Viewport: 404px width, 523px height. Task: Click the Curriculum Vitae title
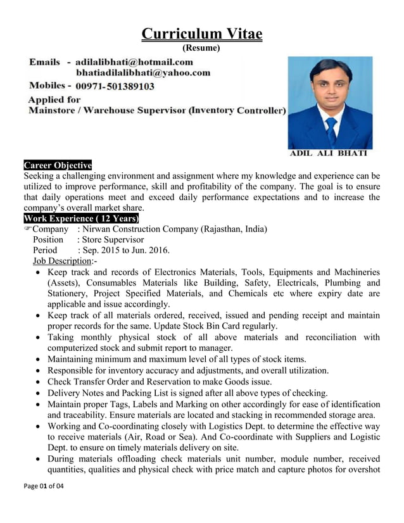pyautogui.click(x=201, y=34)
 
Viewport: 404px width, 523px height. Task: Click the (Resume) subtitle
pyautogui.click(x=201, y=48)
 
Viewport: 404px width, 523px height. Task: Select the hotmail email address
pyautogui.click(x=134, y=62)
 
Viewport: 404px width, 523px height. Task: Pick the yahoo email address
pyautogui.click(x=143, y=73)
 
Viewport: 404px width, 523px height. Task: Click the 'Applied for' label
pyautogui.click(x=55, y=99)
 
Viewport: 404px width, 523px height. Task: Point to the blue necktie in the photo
pyautogui.click(x=331, y=130)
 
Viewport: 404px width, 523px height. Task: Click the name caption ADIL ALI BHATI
pyautogui.click(x=329, y=153)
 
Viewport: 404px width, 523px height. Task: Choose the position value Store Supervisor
pyautogui.click(x=111, y=240)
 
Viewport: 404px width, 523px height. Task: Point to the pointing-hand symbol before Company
pyautogui.click(x=27, y=229)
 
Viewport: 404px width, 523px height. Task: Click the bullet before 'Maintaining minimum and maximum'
pyautogui.click(x=40, y=360)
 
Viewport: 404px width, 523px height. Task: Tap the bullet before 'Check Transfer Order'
pyautogui.click(x=40, y=382)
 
